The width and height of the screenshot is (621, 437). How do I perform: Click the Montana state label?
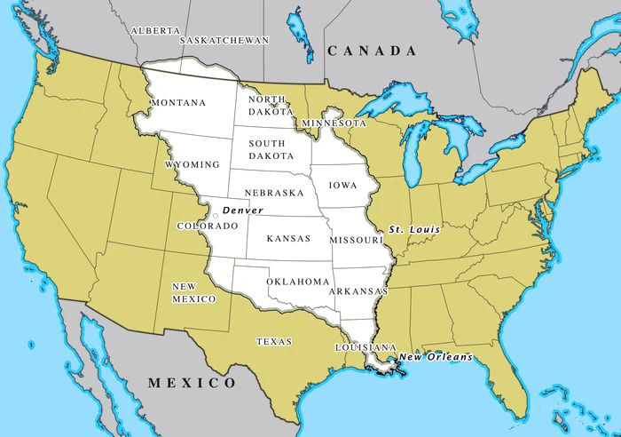pyautogui.click(x=178, y=103)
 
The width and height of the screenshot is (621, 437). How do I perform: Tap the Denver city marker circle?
pyautogui.click(x=216, y=215)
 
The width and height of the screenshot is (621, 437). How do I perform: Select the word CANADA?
pyautogui.click(x=372, y=52)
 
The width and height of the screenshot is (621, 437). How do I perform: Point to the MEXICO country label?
pyautogui.click(x=192, y=383)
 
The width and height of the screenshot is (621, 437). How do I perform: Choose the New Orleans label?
pyautogui.click(x=435, y=358)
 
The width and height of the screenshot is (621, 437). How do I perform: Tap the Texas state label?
pyautogui.click(x=274, y=341)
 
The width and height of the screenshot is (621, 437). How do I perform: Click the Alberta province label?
pyautogui.click(x=155, y=30)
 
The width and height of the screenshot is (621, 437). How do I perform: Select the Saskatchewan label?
pyautogui.click(x=225, y=40)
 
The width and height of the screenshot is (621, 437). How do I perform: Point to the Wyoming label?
pyautogui.click(x=193, y=165)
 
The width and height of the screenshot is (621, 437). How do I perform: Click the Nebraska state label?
pyautogui.click(x=274, y=193)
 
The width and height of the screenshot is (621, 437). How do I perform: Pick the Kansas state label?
pyautogui.click(x=288, y=239)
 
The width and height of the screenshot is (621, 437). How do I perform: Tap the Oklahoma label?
pyautogui.click(x=298, y=282)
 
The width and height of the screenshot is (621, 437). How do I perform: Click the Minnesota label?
pyautogui.click(x=334, y=123)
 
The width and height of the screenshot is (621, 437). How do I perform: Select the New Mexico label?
pyautogui.click(x=193, y=293)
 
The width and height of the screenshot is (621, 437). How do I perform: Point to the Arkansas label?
pyautogui.click(x=358, y=291)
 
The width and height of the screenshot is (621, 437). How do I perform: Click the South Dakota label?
pyautogui.click(x=267, y=149)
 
